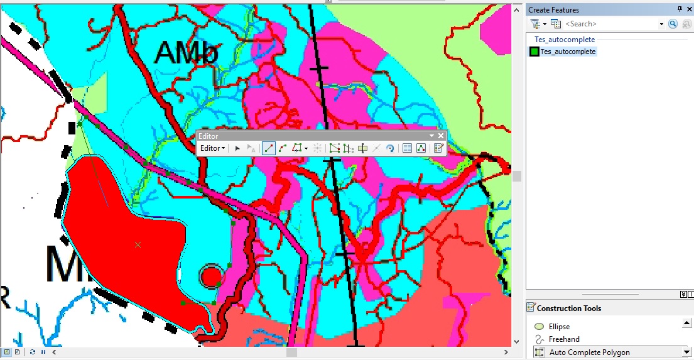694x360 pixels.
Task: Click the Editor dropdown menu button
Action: pyautogui.click(x=212, y=148)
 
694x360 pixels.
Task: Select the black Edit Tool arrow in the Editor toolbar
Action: pyautogui.click(x=237, y=148)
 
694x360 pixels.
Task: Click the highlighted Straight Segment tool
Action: pyautogui.click(x=268, y=148)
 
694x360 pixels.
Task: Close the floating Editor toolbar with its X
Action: pyautogui.click(x=441, y=136)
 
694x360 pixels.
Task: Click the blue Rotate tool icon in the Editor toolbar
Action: pyautogui.click(x=390, y=148)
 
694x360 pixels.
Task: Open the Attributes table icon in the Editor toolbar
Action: pyautogui.click(x=407, y=148)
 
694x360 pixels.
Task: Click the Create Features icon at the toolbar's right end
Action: pyautogui.click(x=438, y=148)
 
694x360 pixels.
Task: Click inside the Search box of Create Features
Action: pyautogui.click(x=612, y=24)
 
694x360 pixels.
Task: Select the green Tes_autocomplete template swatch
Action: pyautogui.click(x=534, y=52)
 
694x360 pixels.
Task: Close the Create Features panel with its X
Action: pyautogui.click(x=689, y=9)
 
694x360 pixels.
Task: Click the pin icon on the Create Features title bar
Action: pyautogui.click(x=680, y=9)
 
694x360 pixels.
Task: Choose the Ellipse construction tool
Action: pyautogui.click(x=559, y=327)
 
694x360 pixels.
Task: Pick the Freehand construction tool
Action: pyautogui.click(x=563, y=339)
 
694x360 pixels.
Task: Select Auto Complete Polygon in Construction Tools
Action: pyautogui.click(x=589, y=352)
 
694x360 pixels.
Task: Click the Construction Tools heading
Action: pyautogui.click(x=568, y=308)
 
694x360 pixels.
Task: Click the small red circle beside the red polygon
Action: pyautogui.click(x=211, y=276)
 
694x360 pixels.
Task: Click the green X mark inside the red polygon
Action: pyautogui.click(x=138, y=244)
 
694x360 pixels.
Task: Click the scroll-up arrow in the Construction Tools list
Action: pyautogui.click(x=686, y=323)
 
